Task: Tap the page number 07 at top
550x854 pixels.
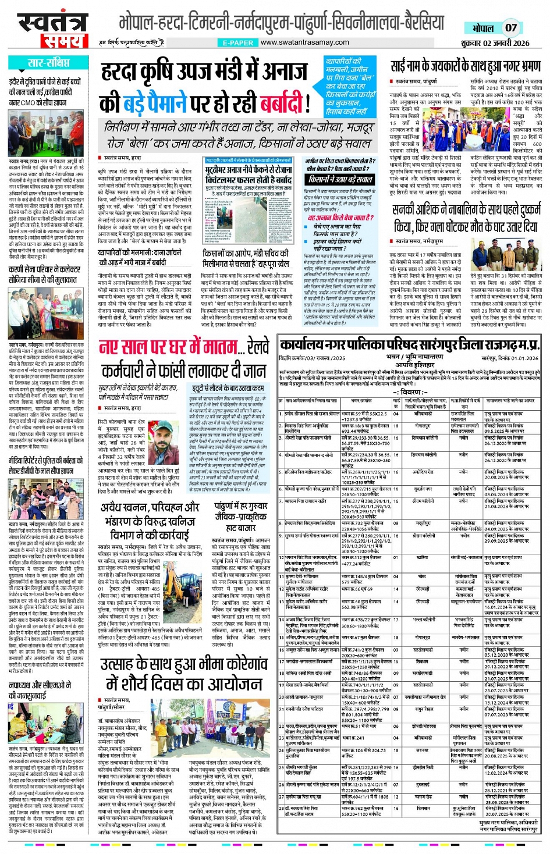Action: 510,27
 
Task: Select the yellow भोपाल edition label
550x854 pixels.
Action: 482,28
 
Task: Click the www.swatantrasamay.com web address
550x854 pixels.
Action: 304,42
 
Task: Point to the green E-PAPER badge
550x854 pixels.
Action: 238,43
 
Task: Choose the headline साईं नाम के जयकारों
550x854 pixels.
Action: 466,65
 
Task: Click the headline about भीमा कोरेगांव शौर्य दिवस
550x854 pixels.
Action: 183,673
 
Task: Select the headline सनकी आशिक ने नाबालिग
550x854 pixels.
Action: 465,218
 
